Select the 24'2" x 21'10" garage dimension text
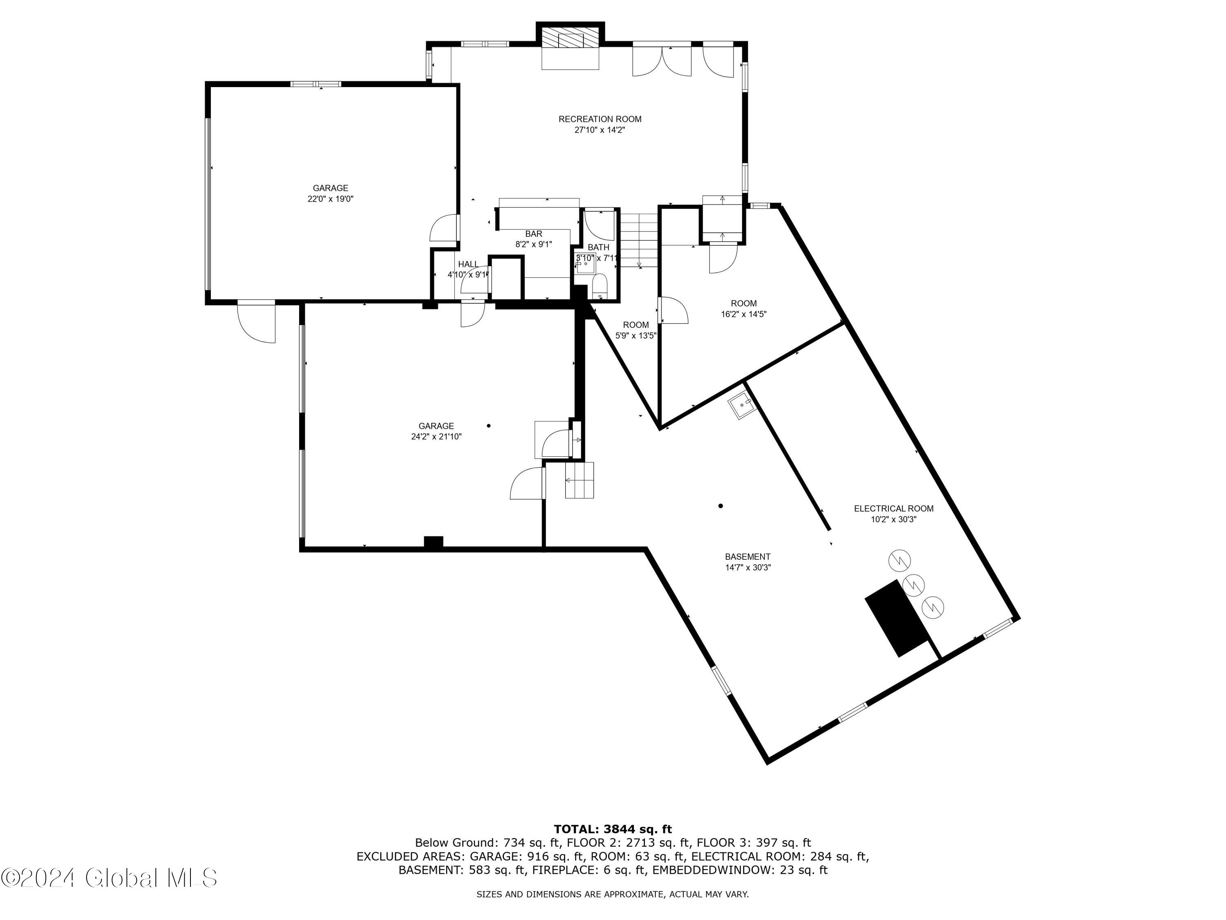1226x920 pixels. click(436, 436)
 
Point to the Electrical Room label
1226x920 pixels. click(893, 509)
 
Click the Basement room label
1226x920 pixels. click(748, 557)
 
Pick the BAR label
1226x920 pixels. click(533, 234)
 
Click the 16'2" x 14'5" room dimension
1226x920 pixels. click(743, 314)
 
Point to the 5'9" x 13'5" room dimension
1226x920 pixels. click(636, 336)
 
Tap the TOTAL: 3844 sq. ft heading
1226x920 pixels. click(613, 829)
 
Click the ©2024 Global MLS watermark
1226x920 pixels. click(109, 878)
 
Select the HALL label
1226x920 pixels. click(468, 265)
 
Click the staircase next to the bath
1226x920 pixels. click(639, 240)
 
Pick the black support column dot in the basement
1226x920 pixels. click(720, 506)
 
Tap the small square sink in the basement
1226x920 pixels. click(741, 405)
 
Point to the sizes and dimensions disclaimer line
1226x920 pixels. click(613, 894)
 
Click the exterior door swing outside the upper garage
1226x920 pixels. click(256, 322)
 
